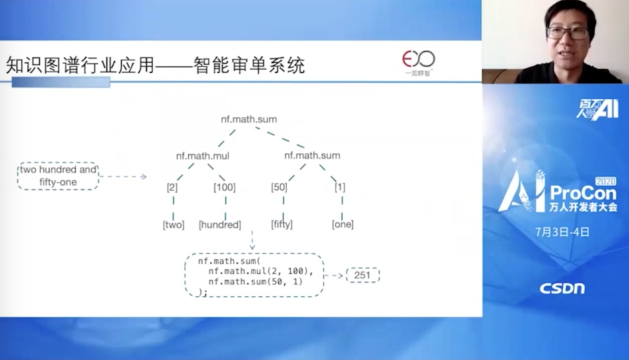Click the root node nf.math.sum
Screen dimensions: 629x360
[x=249, y=119]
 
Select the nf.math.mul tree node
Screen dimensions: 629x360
[x=203, y=156]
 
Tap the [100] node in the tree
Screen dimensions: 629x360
[x=225, y=187]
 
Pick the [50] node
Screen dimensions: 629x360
[x=279, y=187]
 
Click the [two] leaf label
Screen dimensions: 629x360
[x=174, y=225]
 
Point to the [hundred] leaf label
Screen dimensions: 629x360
[x=220, y=225]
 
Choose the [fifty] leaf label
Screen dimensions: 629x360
[x=282, y=224]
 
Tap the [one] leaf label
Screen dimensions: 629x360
[x=342, y=224]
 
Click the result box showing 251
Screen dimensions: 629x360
[x=363, y=276]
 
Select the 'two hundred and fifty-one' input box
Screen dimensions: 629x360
[x=58, y=176]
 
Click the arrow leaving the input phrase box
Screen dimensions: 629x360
[x=123, y=177]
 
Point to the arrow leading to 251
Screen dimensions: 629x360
[x=333, y=276]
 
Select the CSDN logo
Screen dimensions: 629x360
[x=562, y=288]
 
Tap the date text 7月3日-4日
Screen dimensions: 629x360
[x=562, y=232]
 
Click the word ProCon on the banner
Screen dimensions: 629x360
[x=583, y=193]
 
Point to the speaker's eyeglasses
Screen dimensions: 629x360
[x=568, y=33]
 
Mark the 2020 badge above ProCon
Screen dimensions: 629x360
[x=606, y=181]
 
